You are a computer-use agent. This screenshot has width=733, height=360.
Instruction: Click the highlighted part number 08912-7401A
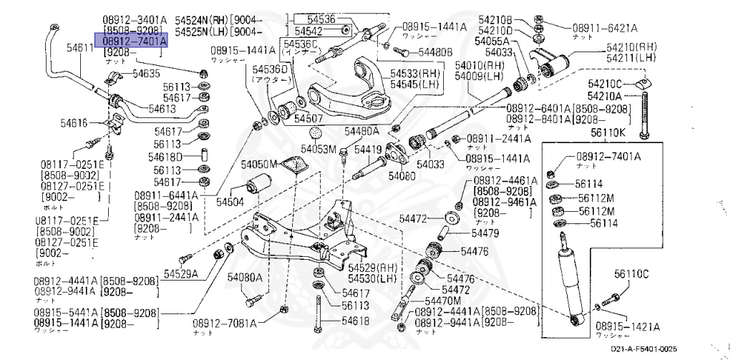[x=131, y=42]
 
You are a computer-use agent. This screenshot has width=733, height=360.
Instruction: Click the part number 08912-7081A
[x=224, y=323]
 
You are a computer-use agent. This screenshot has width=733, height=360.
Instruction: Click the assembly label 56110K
[x=608, y=132]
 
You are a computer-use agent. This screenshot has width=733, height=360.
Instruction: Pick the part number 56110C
[x=631, y=273]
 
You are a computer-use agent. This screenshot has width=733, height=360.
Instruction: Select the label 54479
[x=485, y=233]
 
